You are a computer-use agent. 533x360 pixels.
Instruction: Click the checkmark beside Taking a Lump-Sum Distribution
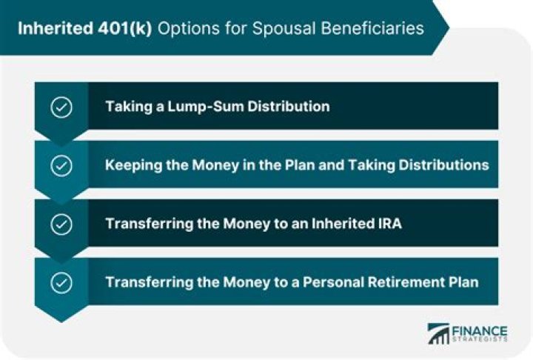point(61,107)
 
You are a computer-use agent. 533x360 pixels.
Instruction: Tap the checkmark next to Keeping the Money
point(61,165)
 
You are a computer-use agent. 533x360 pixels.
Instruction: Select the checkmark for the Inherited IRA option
point(61,224)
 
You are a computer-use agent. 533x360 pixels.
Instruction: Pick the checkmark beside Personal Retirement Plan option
point(61,282)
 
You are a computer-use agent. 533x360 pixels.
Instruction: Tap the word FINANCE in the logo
point(480,330)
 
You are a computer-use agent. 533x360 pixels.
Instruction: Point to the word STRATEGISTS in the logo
point(480,340)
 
